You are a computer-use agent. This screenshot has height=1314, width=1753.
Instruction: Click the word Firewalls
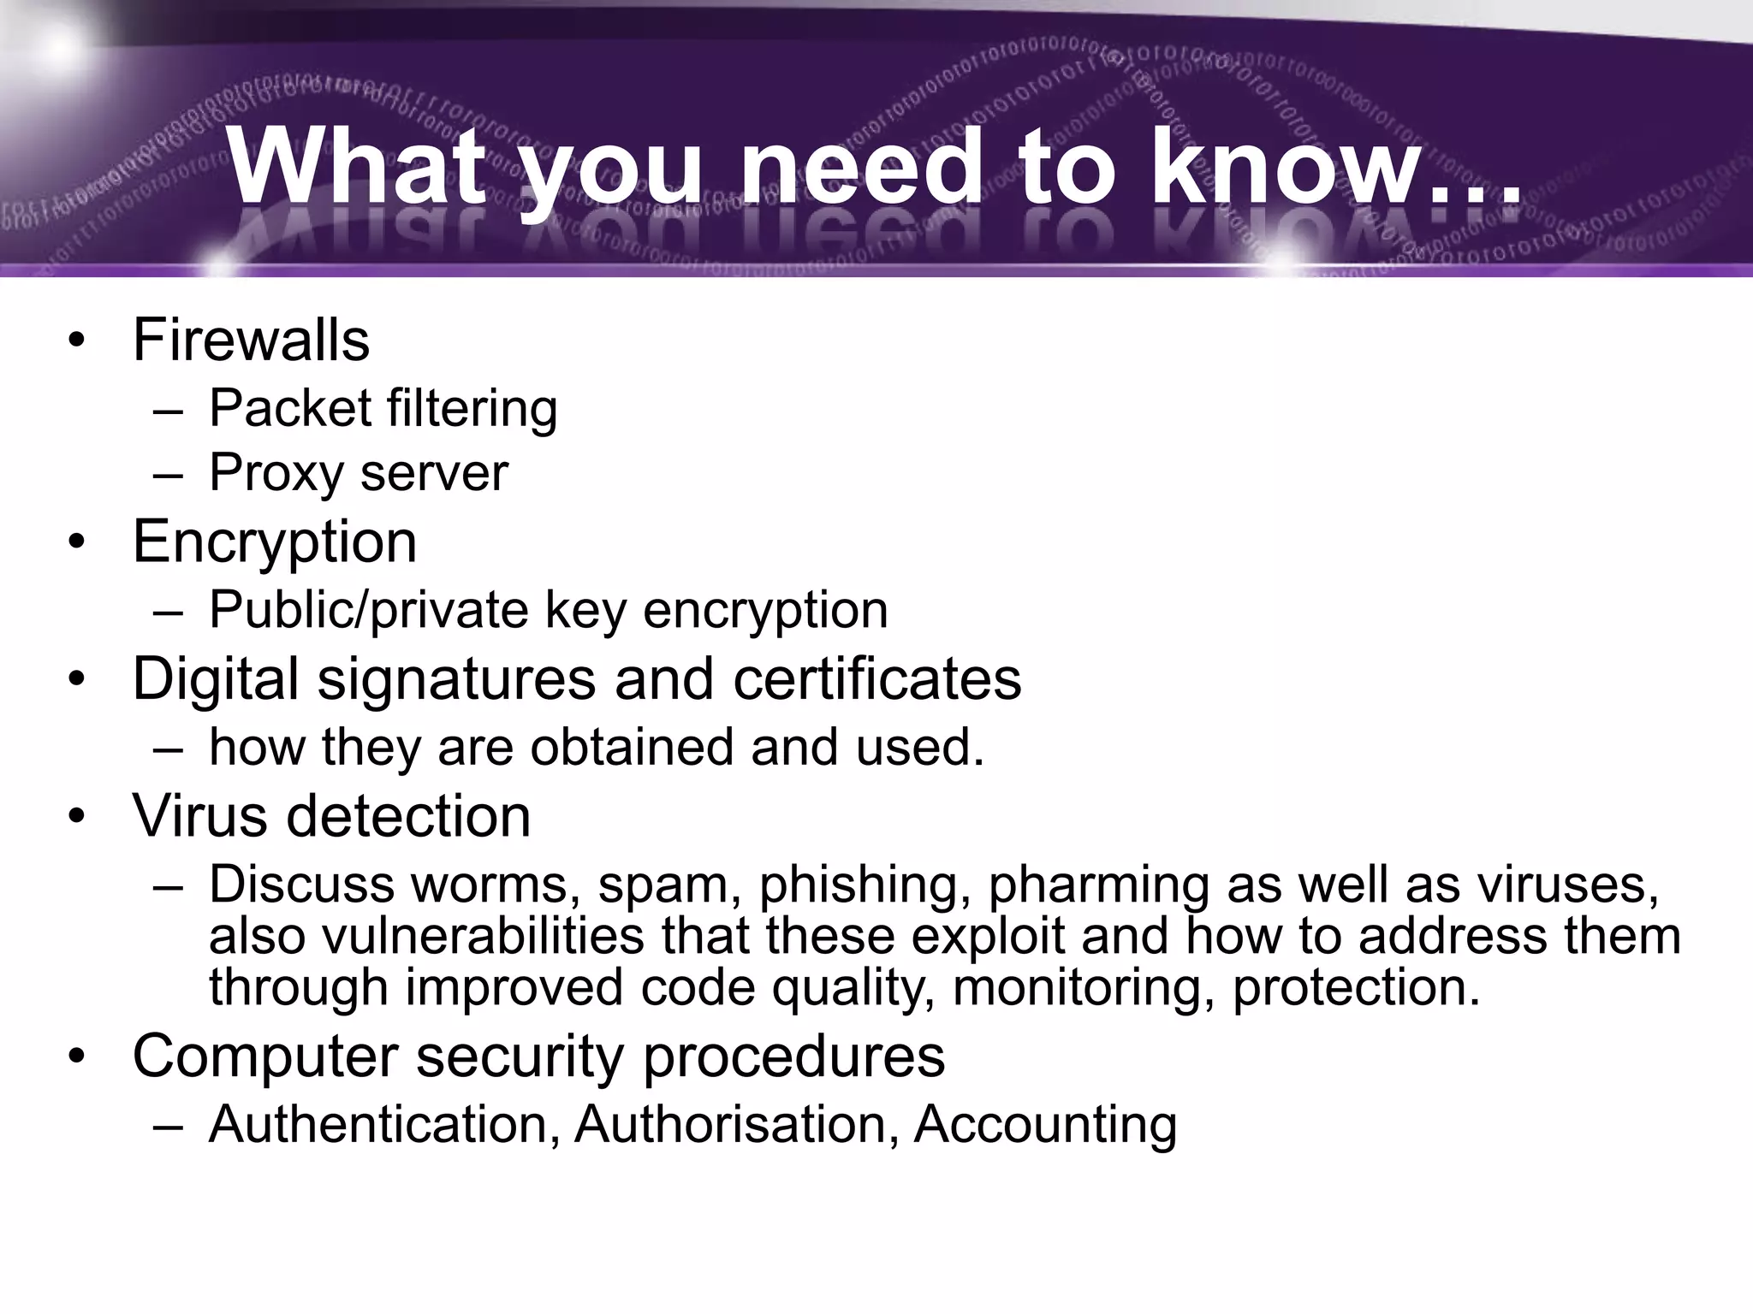(x=251, y=340)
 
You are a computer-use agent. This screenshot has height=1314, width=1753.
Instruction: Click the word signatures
(x=456, y=679)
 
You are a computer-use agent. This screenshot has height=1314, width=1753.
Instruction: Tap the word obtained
(x=632, y=747)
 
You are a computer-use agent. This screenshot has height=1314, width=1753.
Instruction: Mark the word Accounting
(x=1045, y=1125)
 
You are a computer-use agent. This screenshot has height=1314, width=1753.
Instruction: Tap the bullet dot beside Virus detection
(x=78, y=816)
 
